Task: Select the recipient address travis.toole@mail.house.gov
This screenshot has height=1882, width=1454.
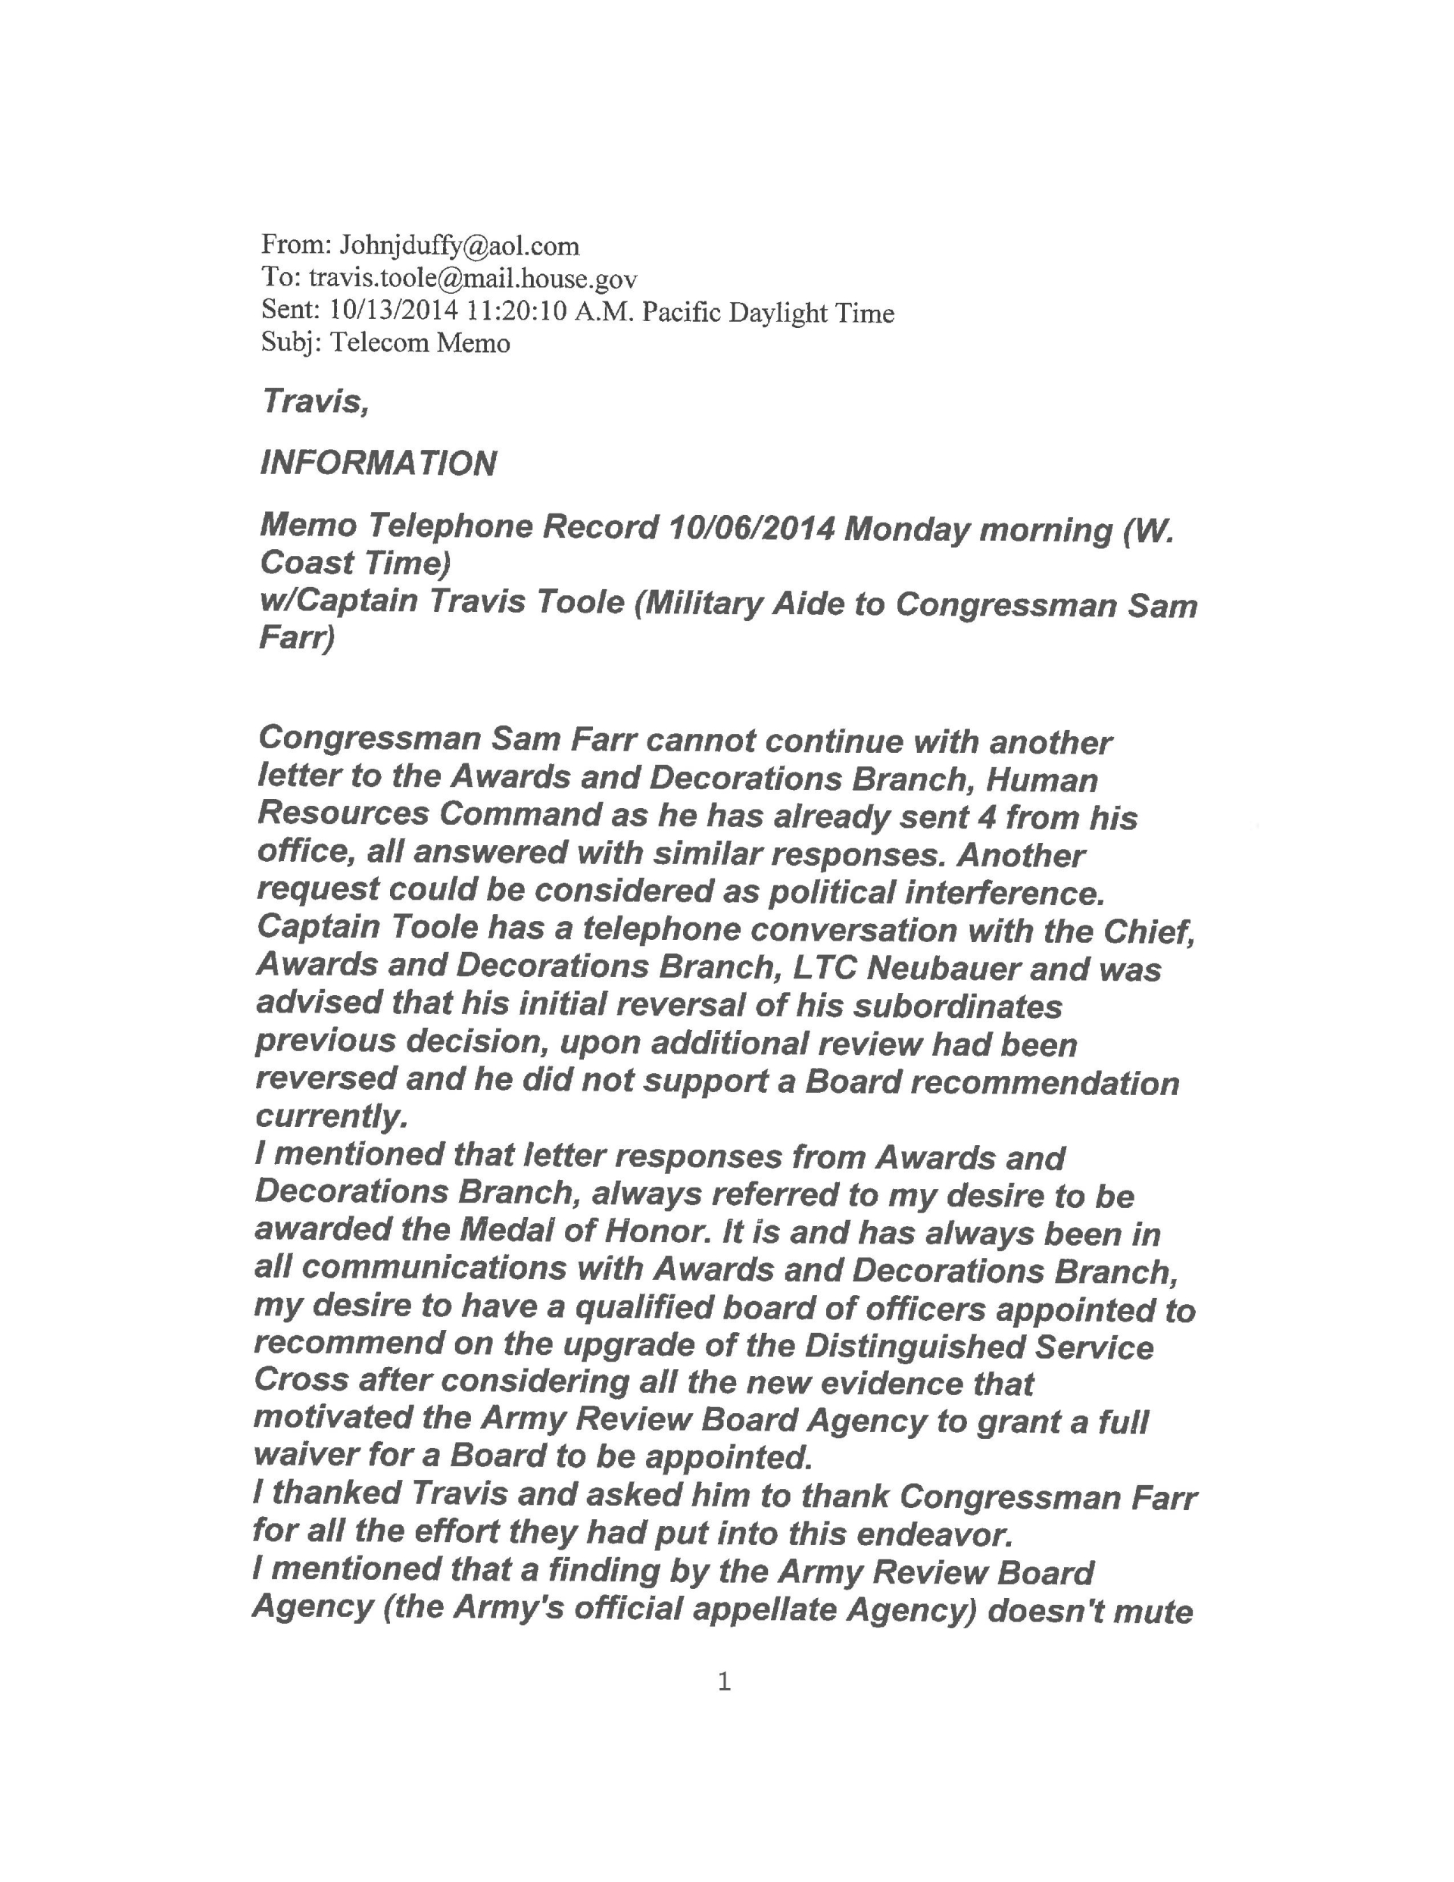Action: (473, 279)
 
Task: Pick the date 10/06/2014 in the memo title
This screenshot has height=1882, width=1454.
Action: (750, 527)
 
